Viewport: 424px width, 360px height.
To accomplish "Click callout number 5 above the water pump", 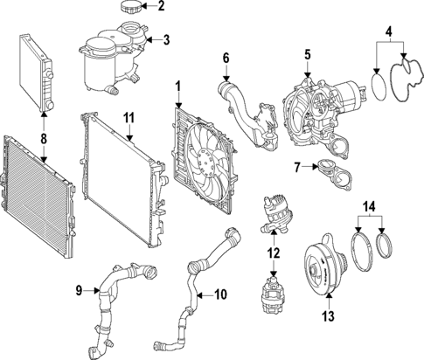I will click(307, 54).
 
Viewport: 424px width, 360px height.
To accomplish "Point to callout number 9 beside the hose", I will click(78, 289).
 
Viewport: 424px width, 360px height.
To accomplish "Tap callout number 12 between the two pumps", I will click(273, 253).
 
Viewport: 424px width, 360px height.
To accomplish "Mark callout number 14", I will click(372, 206).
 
